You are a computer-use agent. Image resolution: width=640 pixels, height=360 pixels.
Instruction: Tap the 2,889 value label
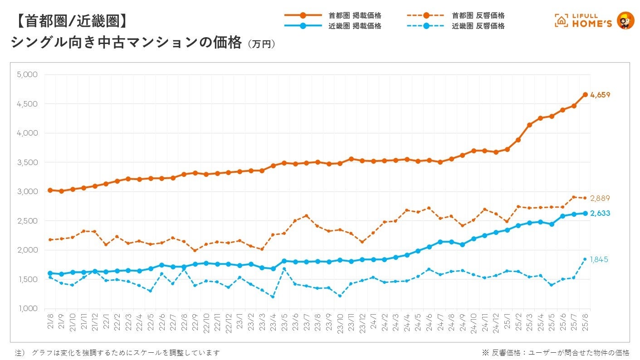tap(600, 198)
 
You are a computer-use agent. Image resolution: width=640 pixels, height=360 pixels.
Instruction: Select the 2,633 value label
tap(600, 214)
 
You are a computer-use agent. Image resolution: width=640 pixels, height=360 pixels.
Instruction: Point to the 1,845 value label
tap(599, 260)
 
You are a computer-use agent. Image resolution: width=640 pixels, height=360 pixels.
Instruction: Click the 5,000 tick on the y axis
tap(27, 74)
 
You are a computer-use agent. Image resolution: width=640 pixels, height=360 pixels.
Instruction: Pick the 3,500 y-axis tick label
tap(27, 162)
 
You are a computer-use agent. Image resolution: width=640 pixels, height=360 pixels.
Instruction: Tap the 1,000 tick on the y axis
tap(27, 309)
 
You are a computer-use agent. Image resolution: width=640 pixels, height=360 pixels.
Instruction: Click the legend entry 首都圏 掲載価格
tap(355, 15)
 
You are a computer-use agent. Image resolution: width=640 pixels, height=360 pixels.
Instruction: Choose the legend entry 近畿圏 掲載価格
tap(355, 26)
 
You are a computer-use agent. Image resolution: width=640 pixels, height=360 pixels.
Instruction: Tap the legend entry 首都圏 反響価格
tap(478, 15)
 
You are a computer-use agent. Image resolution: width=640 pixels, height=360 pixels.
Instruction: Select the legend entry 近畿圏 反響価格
tap(478, 26)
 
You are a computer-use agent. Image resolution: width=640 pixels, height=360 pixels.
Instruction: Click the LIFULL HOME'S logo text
tap(592, 21)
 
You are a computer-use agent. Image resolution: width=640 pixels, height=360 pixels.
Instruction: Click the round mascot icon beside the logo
tap(626, 20)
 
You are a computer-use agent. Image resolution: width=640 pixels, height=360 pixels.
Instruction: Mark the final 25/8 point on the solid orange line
tap(585, 95)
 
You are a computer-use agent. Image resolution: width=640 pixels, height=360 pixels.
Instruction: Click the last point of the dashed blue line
tap(585, 259)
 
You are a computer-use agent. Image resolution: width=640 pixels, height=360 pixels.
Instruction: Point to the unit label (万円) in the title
tap(262, 44)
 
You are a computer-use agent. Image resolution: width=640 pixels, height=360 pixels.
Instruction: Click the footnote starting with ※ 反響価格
tap(556, 353)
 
